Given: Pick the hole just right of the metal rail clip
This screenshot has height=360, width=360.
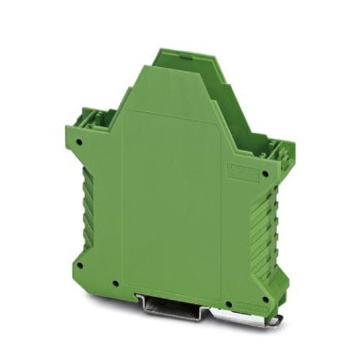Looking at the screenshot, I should click(228, 288).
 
